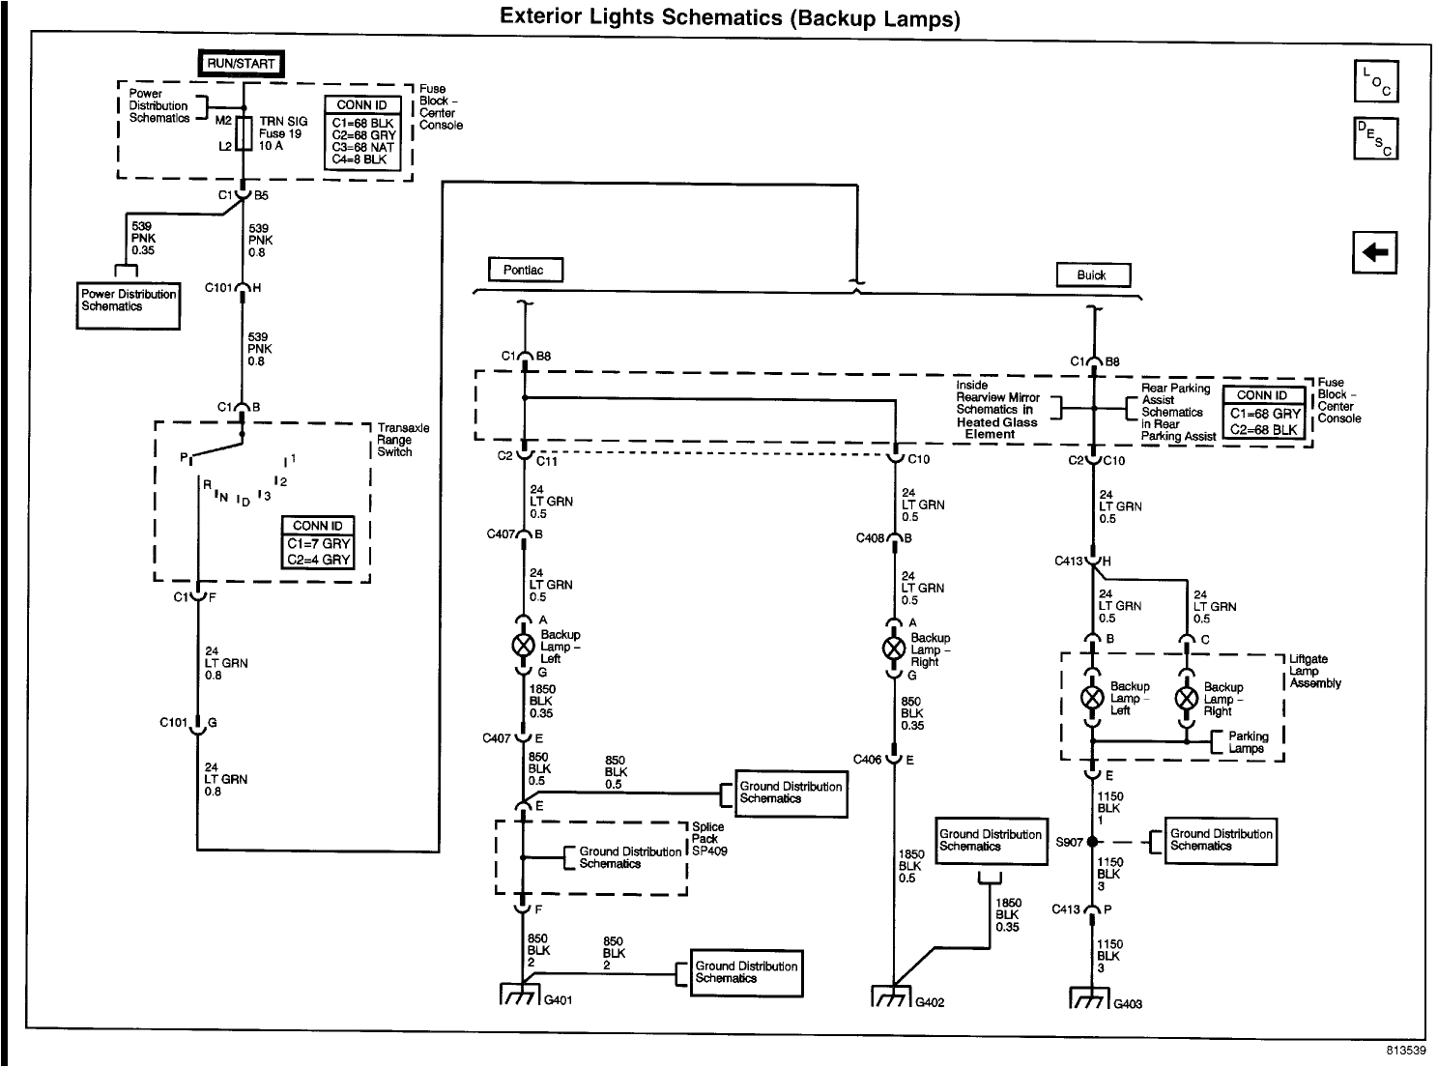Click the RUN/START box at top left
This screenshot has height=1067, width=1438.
pyautogui.click(x=242, y=64)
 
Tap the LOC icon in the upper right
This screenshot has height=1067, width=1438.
pyautogui.click(x=1375, y=81)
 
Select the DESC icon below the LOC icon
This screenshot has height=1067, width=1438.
pyautogui.click(x=1375, y=138)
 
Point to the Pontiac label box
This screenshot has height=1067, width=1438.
pyautogui.click(x=525, y=271)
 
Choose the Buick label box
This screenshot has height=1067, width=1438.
pyautogui.click(x=1092, y=275)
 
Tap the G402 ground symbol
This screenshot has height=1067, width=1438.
pyautogui.click(x=892, y=995)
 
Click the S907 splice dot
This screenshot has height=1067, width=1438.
pyautogui.click(x=1092, y=842)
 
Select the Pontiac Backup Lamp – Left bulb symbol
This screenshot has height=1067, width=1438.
pyautogui.click(x=523, y=645)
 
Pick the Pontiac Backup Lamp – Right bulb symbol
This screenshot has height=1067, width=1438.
pyautogui.click(x=895, y=649)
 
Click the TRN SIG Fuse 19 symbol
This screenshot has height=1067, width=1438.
pyautogui.click(x=243, y=134)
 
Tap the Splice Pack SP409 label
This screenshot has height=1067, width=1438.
pyautogui.click(x=709, y=839)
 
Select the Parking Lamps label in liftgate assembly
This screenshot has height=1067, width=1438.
pyautogui.click(x=1248, y=741)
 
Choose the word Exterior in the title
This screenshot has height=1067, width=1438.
pyautogui.click(x=544, y=17)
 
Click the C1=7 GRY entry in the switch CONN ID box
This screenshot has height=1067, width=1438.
pyautogui.click(x=318, y=543)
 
